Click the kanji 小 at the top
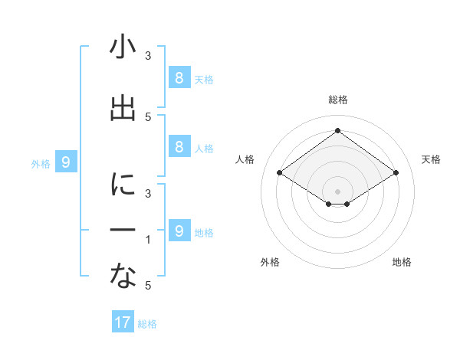pyautogui.click(x=123, y=47)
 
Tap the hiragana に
pyautogui.click(x=123, y=185)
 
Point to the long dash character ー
pyautogui.click(x=123, y=231)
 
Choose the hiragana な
pyautogui.click(x=123, y=277)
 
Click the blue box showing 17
pyautogui.click(x=123, y=322)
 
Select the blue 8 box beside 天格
pyautogui.click(x=179, y=77)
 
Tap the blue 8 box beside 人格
pyautogui.click(x=179, y=146)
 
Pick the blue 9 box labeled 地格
pyautogui.click(x=179, y=231)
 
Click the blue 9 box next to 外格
pyautogui.click(x=66, y=162)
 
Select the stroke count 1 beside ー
pyautogui.click(x=148, y=240)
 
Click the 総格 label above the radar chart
pyautogui.click(x=337, y=100)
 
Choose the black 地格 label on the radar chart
pyautogui.click(x=402, y=262)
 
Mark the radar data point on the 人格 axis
pyautogui.click(x=279, y=173)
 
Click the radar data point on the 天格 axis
pyautogui.click(x=396, y=173)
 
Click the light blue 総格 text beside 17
pyautogui.click(x=147, y=324)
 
